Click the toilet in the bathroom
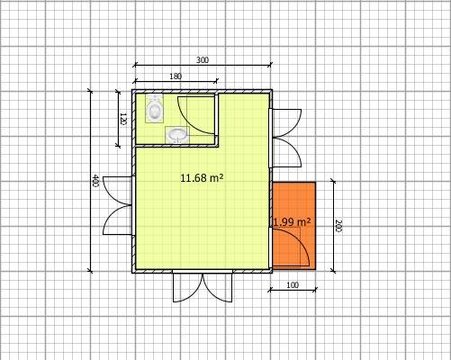click(x=155, y=110)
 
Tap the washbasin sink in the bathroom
click(x=177, y=135)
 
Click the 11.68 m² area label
click(x=202, y=178)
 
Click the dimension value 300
click(x=202, y=59)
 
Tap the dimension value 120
click(x=122, y=118)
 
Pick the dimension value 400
click(x=95, y=181)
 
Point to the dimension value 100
click(x=292, y=284)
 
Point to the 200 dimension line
click(x=332, y=198)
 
